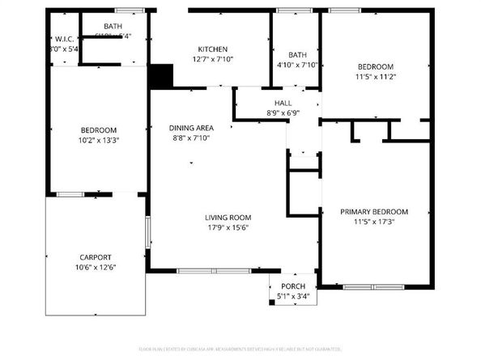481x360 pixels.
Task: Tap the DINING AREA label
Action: [x=191, y=128]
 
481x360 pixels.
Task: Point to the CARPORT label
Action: [x=95, y=257]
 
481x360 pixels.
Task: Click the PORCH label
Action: [x=293, y=287]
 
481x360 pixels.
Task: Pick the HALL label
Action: [x=283, y=103]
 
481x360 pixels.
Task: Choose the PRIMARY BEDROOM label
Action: [x=373, y=212]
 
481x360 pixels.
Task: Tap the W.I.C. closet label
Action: [x=65, y=39]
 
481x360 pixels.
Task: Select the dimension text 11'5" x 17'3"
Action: [x=373, y=222]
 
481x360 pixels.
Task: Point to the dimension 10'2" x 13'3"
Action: [x=98, y=141]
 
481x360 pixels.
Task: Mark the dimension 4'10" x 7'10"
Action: [x=297, y=65]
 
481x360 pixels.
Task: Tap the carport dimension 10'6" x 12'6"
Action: [x=95, y=268]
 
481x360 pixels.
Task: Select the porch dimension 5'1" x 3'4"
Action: [x=293, y=297]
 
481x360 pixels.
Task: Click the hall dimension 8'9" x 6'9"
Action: [x=283, y=113]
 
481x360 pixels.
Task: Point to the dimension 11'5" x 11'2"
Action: [x=376, y=77]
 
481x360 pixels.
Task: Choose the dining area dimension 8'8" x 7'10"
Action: [x=191, y=138]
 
